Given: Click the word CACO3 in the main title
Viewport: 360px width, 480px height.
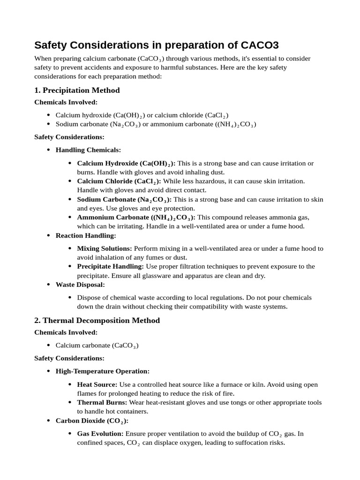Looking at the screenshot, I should [x=260, y=45].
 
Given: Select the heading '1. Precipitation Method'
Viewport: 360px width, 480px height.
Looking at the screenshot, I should [x=77, y=90].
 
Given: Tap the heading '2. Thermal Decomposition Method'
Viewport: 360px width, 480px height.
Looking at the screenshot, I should [x=97, y=321].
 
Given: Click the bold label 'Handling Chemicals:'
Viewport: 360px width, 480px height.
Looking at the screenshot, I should [x=88, y=150].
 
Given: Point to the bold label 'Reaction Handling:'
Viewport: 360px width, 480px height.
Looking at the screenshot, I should [x=86, y=235].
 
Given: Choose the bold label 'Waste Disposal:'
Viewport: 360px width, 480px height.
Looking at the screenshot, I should [x=80, y=285].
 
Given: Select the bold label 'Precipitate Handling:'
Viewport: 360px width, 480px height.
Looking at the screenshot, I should [x=111, y=266].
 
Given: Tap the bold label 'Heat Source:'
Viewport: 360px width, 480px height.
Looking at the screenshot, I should [x=97, y=384].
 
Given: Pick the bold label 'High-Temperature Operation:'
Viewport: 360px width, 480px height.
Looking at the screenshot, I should [x=103, y=371].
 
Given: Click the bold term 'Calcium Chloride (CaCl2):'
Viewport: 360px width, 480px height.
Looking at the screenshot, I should [x=119, y=181].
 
